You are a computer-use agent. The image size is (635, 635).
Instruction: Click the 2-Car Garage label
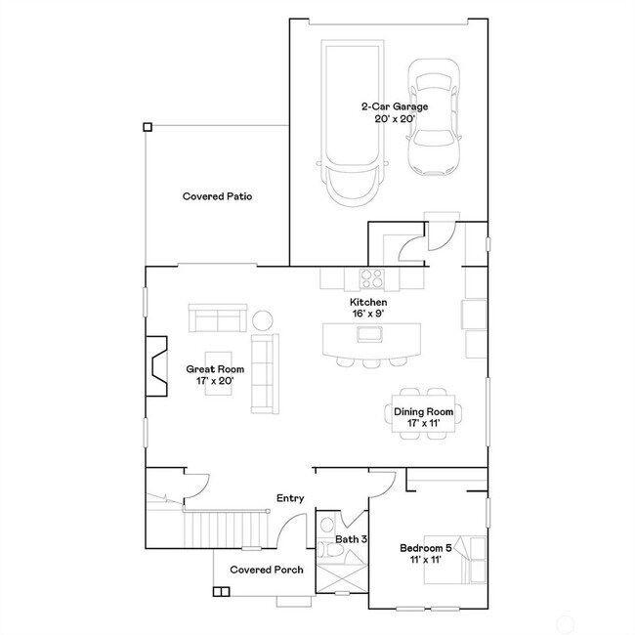[x=389, y=111]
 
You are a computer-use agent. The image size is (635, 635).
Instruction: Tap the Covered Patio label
[x=218, y=196]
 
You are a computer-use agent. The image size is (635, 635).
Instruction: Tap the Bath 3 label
[x=352, y=539]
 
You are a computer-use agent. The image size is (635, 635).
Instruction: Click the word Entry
[x=290, y=498]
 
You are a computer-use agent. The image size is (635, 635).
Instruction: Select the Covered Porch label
[x=266, y=570]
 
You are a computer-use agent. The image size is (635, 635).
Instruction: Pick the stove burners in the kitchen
[x=372, y=278]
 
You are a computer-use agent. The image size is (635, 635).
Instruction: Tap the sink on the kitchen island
[x=370, y=335]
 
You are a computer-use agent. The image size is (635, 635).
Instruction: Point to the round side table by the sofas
[x=264, y=319]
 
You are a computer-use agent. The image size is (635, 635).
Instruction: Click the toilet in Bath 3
[x=329, y=552]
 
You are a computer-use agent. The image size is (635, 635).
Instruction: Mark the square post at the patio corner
[x=147, y=126]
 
